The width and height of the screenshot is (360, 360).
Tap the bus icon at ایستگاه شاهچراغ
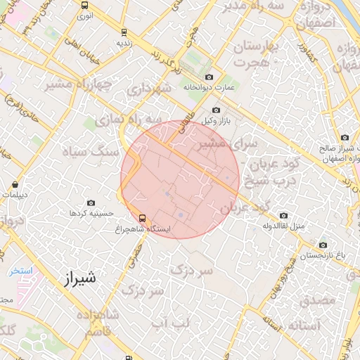143,218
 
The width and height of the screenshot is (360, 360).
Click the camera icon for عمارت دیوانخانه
209,77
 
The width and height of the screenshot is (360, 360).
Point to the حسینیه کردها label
88,212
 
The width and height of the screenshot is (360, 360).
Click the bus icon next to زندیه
124,32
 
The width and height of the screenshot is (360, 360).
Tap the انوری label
85,15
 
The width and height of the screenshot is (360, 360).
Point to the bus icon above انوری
85,5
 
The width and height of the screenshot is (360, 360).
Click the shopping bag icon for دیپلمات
15,185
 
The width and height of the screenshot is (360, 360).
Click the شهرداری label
149,89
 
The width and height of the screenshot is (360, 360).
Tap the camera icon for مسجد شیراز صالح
345,138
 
